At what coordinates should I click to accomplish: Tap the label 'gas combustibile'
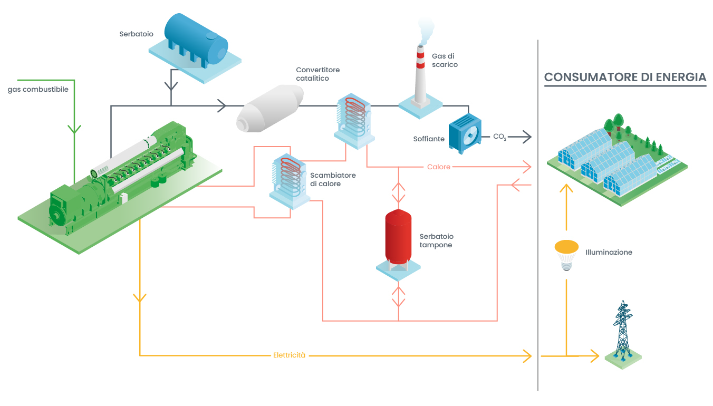coord(38,90)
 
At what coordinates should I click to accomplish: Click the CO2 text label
coord(499,137)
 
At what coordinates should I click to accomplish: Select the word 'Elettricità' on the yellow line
coord(289,355)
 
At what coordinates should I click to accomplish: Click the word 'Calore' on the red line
coord(439,167)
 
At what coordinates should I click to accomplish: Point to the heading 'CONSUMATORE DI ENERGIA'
coord(625,78)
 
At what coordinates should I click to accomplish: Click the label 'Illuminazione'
coord(609,253)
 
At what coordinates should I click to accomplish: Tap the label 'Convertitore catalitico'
coord(317,74)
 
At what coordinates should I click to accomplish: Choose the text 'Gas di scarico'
coord(445,61)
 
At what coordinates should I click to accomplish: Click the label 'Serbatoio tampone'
coord(436,241)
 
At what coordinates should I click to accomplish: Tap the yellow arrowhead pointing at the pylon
coord(595,356)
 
